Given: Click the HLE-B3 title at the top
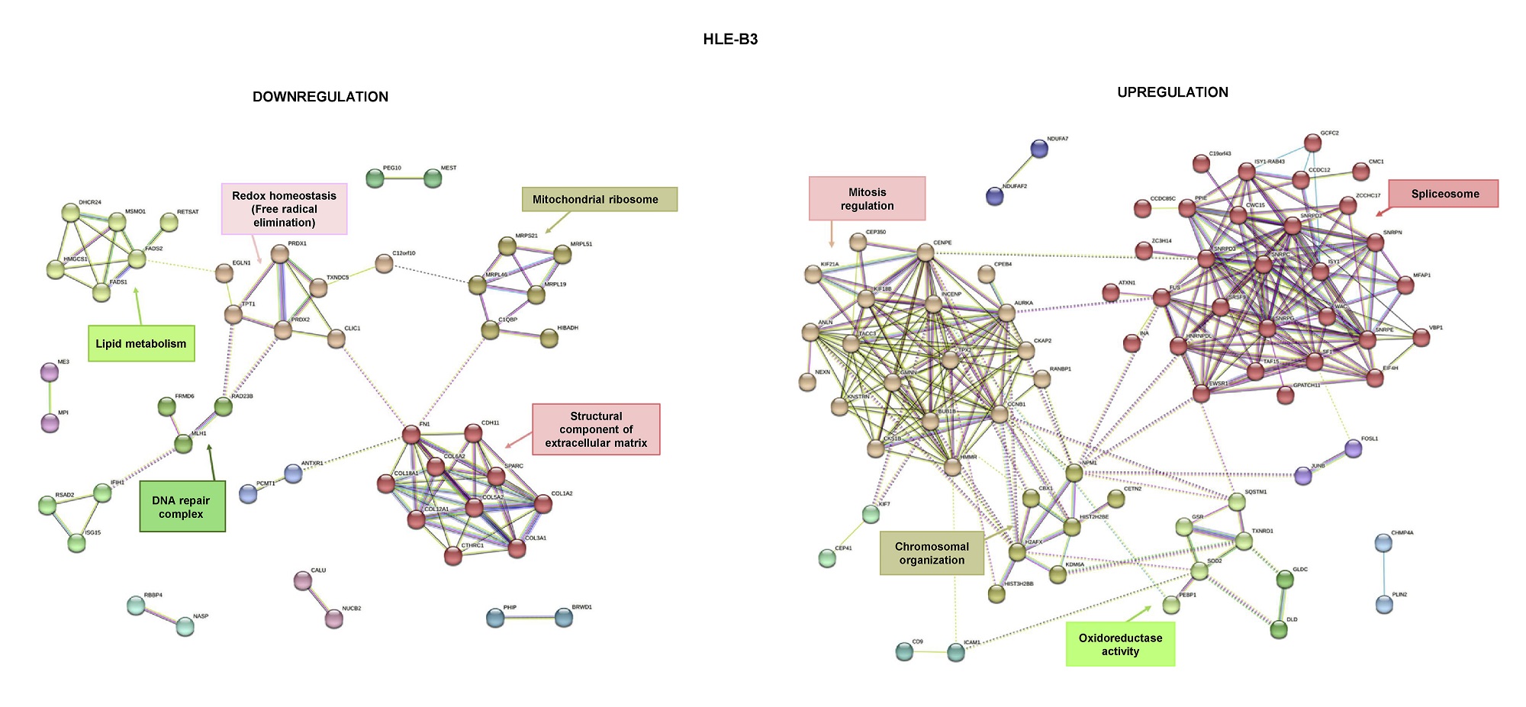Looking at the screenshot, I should (730, 39).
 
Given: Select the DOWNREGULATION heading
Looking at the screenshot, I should (320, 97).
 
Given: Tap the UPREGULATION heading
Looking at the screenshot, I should (1172, 92).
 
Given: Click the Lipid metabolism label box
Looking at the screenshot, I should (141, 343).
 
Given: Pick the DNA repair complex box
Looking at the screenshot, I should (182, 507).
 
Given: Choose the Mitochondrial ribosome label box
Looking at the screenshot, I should (599, 199).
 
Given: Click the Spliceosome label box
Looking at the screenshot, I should (1444, 194).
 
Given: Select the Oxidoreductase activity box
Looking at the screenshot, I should (1119, 644).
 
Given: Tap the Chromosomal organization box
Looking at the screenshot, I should (932, 553).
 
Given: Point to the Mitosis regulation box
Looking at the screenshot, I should (867, 198).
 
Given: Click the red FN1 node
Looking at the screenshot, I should (411, 435).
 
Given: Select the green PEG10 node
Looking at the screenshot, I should (375, 178).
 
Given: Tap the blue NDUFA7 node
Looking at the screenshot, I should (1039, 149).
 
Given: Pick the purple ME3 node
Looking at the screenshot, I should (49, 372).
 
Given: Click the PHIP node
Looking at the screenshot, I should (495, 618).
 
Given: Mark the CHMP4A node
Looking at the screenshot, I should (1383, 543).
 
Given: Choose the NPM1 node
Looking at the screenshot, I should (1074, 473).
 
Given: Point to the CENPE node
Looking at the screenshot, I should (926, 252).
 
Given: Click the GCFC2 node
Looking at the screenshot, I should (1312, 143).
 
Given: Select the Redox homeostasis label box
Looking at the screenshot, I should (284, 208).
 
